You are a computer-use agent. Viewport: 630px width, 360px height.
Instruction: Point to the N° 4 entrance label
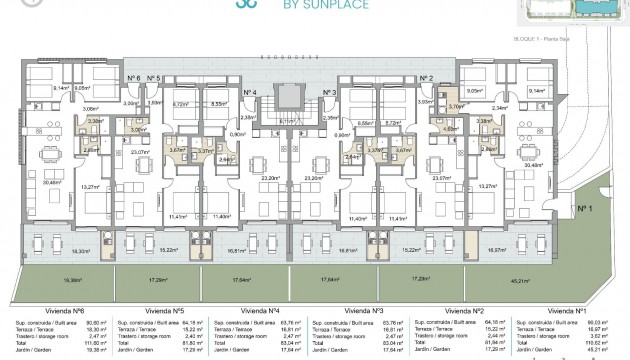[251, 92]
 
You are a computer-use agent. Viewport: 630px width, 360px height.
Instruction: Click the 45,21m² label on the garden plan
[549, 281]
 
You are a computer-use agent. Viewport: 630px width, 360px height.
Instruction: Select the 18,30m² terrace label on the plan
[67, 252]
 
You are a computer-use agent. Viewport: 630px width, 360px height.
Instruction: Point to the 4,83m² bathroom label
[452, 129]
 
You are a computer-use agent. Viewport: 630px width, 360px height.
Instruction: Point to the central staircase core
[288, 100]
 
